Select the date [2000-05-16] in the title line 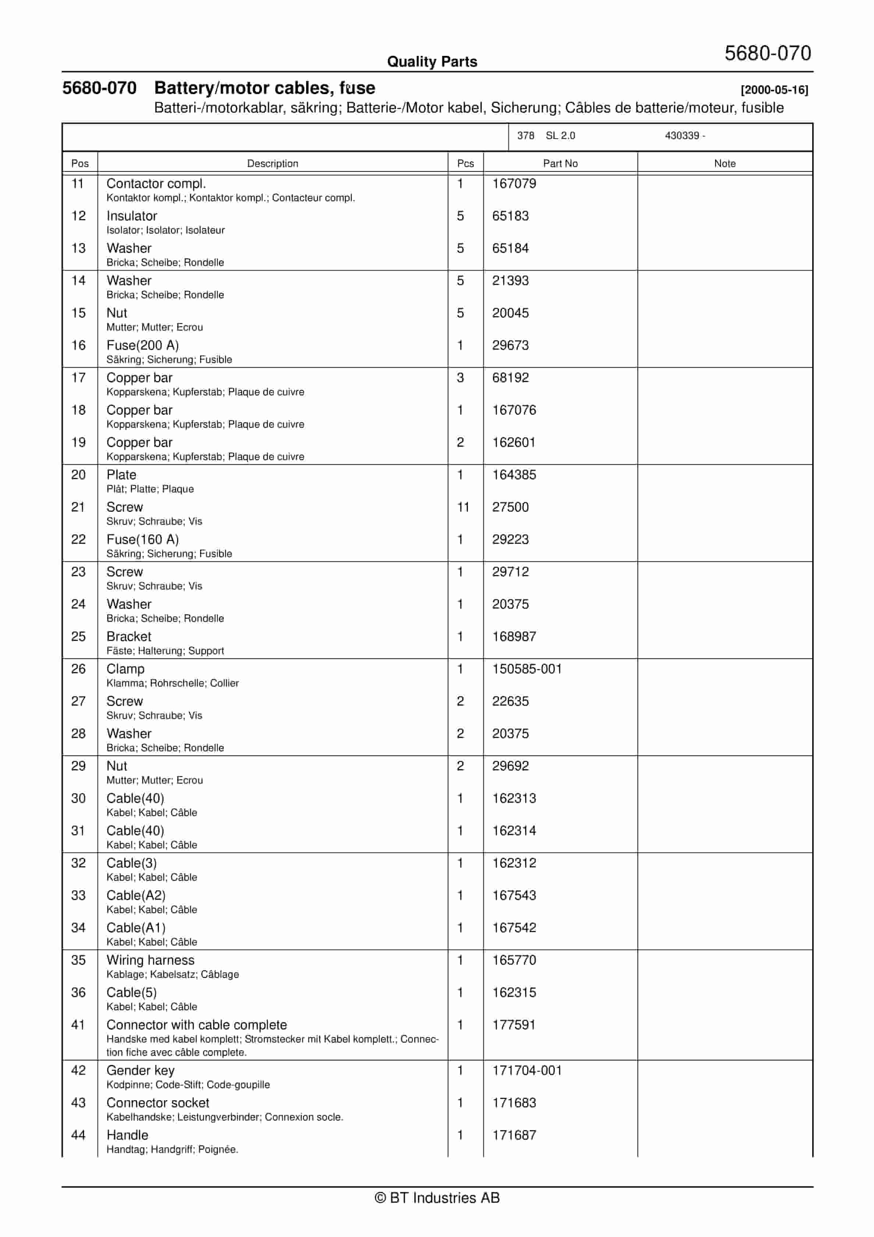click(x=774, y=90)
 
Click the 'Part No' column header click(x=560, y=163)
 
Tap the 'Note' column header click(x=724, y=163)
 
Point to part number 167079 click(x=514, y=184)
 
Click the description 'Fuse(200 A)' click(x=142, y=345)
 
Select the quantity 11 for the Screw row click(x=463, y=507)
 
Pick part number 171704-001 click(x=526, y=1070)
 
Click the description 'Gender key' click(x=140, y=1070)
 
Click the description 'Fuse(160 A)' click(x=142, y=539)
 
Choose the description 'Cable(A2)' click(x=136, y=895)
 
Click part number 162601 click(x=514, y=442)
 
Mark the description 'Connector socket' click(x=158, y=1102)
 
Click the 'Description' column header click(x=272, y=163)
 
